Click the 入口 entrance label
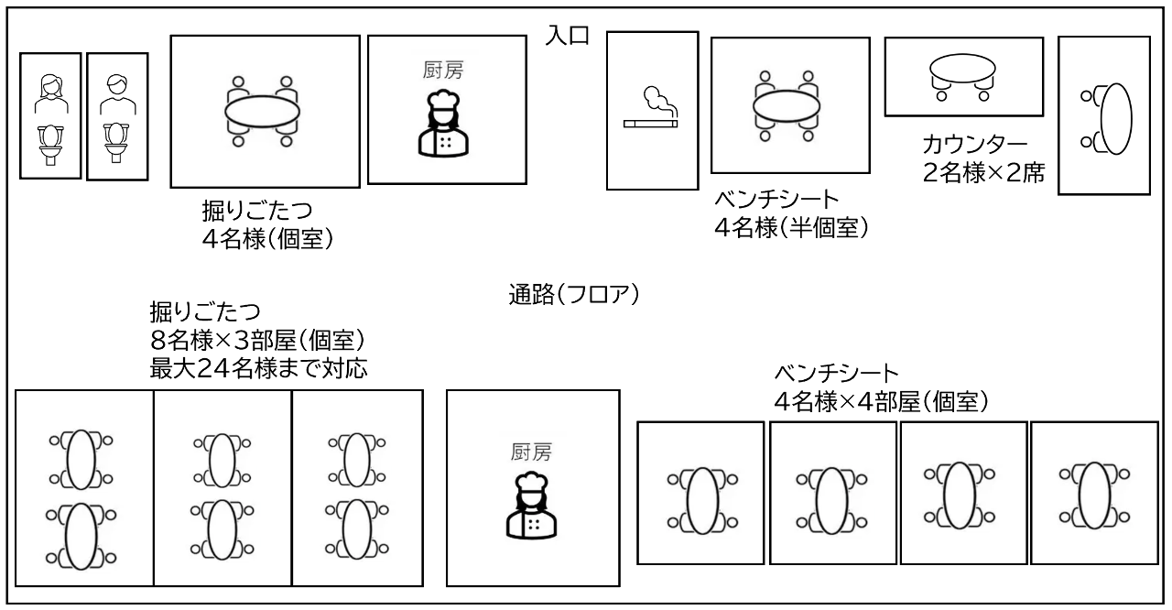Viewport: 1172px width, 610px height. point(568,36)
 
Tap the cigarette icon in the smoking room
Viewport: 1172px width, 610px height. point(651,124)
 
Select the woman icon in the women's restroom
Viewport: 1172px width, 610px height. point(50,94)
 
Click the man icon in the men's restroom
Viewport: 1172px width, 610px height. point(118,94)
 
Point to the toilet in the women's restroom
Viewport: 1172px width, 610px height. point(50,145)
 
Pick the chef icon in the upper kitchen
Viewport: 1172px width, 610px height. point(444,124)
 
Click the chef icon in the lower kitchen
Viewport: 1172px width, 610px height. point(532,506)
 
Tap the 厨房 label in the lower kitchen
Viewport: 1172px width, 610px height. point(532,452)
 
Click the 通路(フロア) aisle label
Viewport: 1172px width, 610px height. point(574,295)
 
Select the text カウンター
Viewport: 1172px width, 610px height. point(974,145)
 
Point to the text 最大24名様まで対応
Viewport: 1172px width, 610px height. point(259,369)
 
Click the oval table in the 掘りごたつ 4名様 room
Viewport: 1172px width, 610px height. point(262,112)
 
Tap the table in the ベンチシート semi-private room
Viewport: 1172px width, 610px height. point(787,106)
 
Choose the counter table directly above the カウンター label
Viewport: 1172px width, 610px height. point(962,69)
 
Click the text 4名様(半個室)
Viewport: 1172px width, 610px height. point(792,227)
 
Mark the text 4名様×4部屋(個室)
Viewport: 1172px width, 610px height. point(882,402)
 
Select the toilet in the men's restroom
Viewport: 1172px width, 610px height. point(116,143)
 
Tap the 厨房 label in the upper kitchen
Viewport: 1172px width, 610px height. point(443,71)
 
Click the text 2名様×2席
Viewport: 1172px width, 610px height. point(983,172)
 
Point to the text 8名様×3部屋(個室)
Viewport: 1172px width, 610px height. point(257,340)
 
